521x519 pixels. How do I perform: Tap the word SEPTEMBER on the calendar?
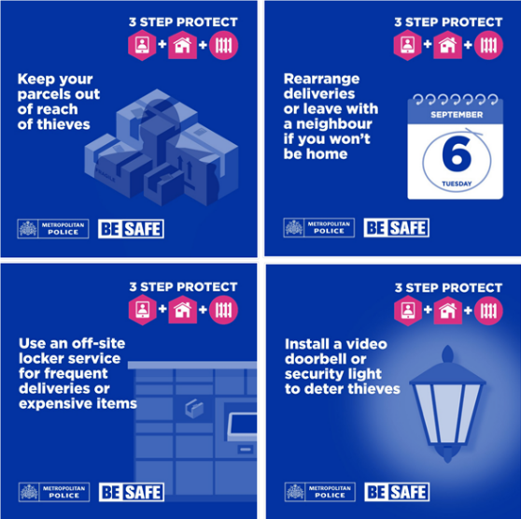[457, 115]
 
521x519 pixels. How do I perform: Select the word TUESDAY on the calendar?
[457, 183]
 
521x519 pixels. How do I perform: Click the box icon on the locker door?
[194, 409]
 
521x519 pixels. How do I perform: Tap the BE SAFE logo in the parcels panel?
[131, 228]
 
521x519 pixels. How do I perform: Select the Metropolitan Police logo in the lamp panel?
[320, 492]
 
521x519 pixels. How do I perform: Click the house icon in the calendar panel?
[447, 45]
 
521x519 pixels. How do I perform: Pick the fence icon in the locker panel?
[223, 310]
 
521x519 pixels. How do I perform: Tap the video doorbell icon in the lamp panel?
[408, 310]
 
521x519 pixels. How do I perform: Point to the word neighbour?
[334, 123]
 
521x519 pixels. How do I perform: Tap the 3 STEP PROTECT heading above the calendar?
[448, 22]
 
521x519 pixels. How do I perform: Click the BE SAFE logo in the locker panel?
[132, 492]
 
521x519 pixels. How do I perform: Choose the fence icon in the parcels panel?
[223, 45]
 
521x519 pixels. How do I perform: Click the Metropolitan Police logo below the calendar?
[319, 228]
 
